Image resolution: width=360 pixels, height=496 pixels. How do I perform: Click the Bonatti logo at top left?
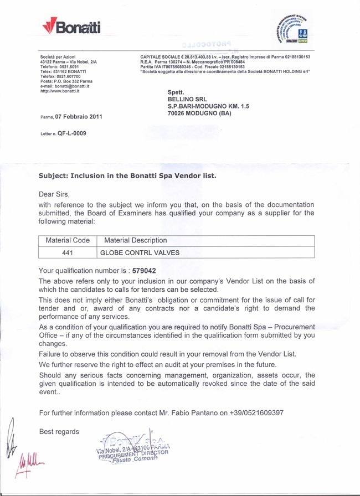pos(71,26)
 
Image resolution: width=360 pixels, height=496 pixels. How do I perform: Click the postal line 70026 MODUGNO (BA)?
pos(199,113)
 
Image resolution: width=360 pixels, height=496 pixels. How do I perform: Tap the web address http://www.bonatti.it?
pos(60,91)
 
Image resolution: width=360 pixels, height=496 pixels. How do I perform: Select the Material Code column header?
pos(67,240)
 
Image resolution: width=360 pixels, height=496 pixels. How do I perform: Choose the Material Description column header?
pos(133,240)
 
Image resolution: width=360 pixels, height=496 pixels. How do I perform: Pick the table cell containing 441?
pos(67,252)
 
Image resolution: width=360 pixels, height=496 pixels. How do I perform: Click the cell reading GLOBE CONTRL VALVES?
pos(139,252)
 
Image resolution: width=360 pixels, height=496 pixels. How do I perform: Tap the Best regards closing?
pos(59,431)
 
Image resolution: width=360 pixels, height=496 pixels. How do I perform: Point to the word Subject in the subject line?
pos(54,175)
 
